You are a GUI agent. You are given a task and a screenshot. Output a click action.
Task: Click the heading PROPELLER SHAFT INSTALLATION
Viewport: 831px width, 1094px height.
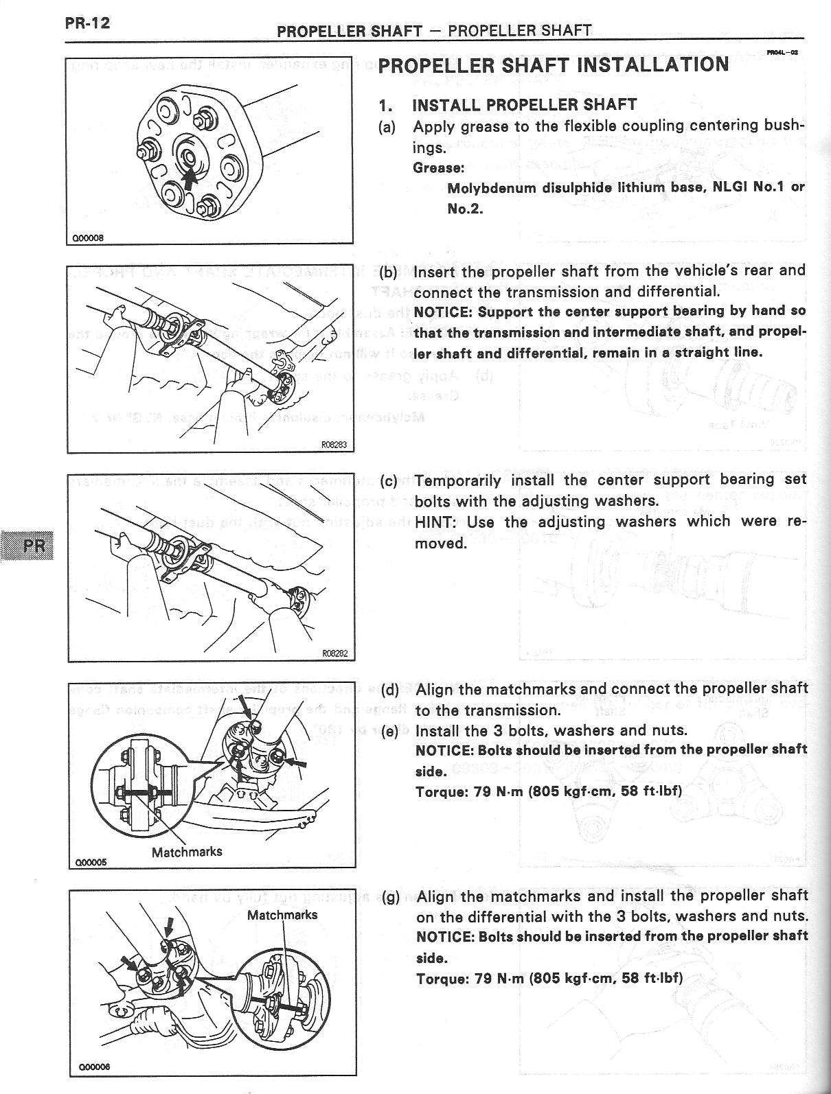point(553,65)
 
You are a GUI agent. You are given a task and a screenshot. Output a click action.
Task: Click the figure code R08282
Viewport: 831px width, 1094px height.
point(335,654)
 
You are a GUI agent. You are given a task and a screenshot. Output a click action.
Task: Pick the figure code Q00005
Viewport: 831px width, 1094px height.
point(89,862)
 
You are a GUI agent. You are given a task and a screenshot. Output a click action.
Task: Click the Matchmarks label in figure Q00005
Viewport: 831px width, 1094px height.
point(187,852)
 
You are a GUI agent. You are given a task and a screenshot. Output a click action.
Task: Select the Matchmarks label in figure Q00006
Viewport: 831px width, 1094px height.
point(282,915)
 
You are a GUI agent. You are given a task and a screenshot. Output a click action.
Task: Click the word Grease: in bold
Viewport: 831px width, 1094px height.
point(438,167)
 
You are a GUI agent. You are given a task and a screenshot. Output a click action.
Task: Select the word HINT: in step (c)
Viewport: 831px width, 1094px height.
point(436,522)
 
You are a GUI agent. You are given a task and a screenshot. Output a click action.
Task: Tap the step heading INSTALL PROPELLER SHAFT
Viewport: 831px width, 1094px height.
point(524,105)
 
